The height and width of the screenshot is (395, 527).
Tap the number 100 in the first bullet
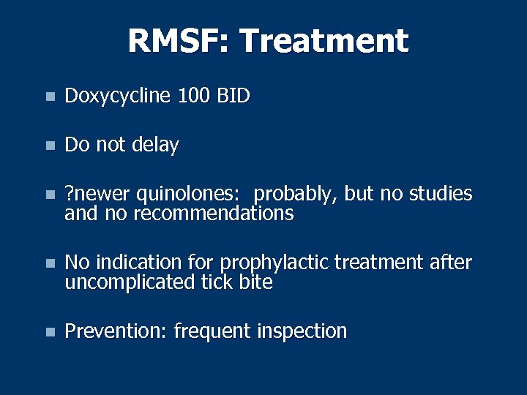(193, 96)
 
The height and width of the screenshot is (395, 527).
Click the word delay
(155, 145)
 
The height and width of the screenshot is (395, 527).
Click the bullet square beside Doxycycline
(48, 97)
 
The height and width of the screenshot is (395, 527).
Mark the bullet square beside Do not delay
(48, 146)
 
